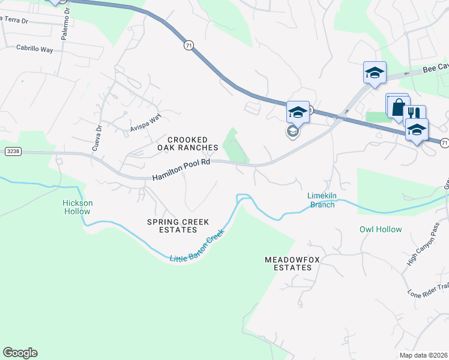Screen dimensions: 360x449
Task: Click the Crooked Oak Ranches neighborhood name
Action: point(188,143)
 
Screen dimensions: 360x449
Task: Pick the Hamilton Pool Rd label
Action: point(181,169)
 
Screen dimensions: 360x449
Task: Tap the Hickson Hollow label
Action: point(78,207)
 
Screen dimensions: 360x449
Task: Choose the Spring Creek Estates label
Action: point(178,226)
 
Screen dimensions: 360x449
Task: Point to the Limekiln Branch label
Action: point(321,200)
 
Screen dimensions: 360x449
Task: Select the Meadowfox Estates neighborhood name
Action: point(289,263)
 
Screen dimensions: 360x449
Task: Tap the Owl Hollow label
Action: point(380,229)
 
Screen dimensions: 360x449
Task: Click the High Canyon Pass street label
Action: point(424,244)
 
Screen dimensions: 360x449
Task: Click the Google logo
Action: point(20,353)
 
